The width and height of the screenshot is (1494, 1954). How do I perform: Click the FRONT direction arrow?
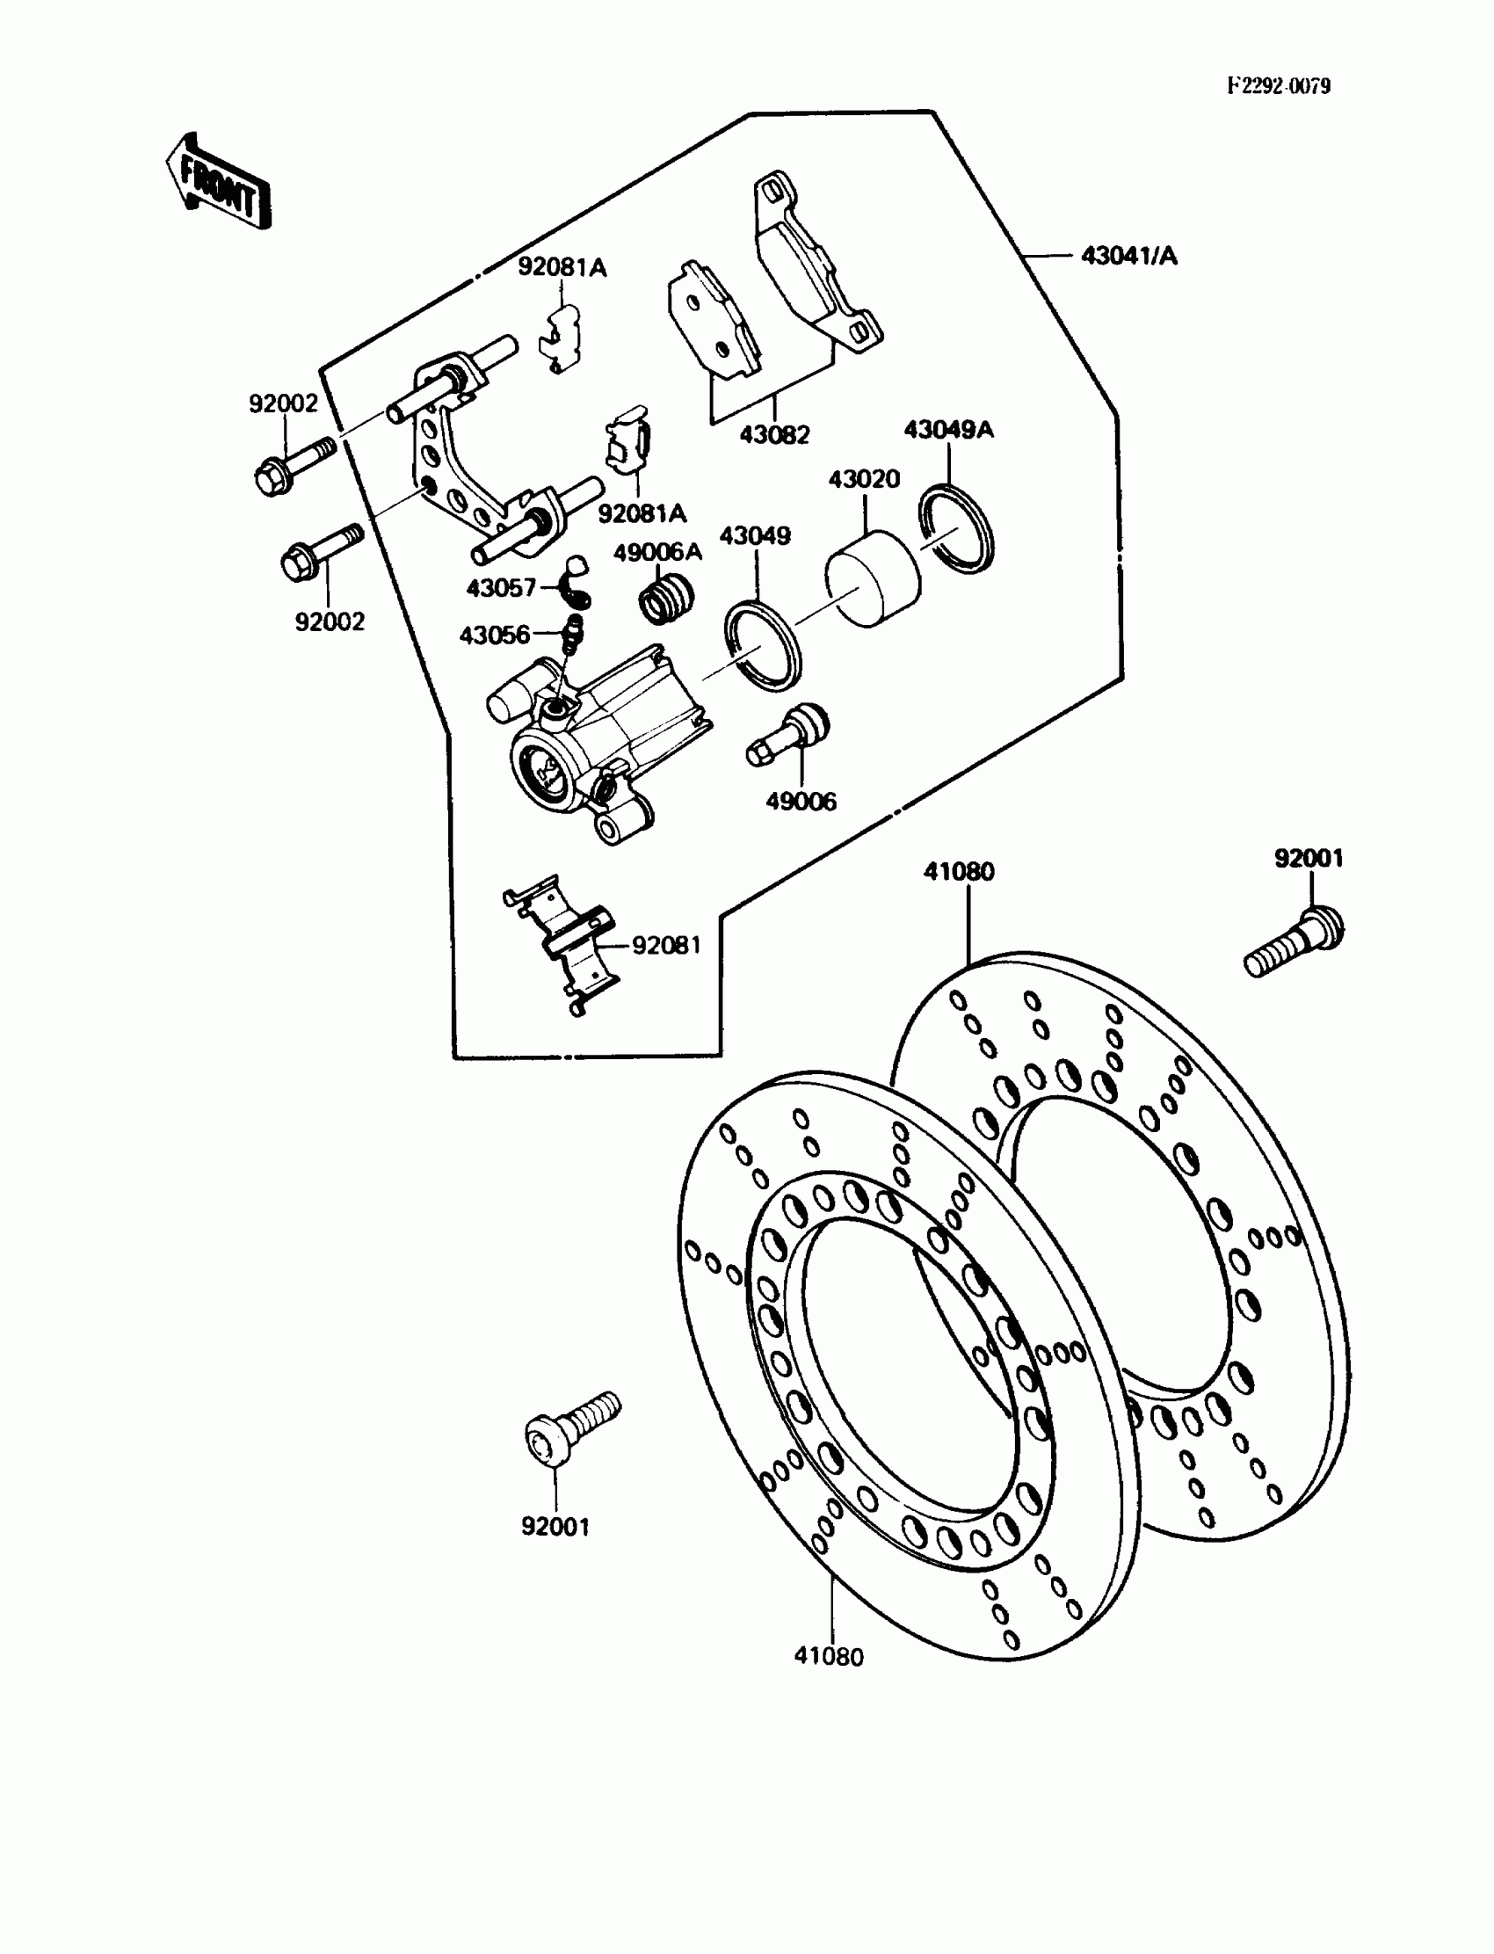coord(219,182)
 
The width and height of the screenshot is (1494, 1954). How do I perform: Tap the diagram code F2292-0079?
coord(1278,86)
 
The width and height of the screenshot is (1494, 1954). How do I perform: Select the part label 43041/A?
coord(1128,256)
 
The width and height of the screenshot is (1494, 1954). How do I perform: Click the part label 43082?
coord(774,435)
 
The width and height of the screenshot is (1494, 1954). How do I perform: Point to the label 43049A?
coord(949,430)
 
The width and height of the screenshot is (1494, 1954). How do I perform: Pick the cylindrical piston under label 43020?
coord(873,579)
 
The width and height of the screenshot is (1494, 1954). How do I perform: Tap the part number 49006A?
coord(657,552)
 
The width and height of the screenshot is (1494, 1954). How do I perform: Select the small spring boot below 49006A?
coord(666,598)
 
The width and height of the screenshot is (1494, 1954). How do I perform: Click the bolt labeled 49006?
coord(788,737)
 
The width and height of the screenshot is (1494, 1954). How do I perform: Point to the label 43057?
coord(501,588)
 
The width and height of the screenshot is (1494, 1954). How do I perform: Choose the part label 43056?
coord(495,635)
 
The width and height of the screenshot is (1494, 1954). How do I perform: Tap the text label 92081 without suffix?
coord(666,945)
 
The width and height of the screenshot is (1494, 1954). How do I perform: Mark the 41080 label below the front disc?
coord(828,1657)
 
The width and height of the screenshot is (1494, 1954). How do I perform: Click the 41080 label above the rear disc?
coord(959,872)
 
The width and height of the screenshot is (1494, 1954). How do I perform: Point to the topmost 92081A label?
coord(562,267)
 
